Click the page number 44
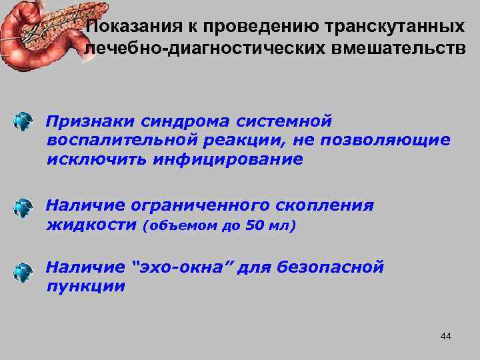(x=446, y=336)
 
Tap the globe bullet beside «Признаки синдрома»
(x=23, y=122)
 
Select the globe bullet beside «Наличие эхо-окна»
(x=23, y=271)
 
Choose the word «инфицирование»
(x=227, y=159)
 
